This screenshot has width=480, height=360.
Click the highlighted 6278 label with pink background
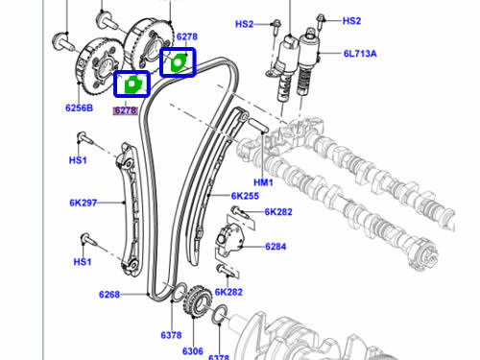[x=126, y=110]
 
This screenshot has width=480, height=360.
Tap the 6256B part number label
[x=79, y=108]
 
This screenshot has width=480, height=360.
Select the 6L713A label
[x=360, y=54]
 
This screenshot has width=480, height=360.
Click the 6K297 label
[x=83, y=203]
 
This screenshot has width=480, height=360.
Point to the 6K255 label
[x=245, y=196]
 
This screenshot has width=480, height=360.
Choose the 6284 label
[x=276, y=247]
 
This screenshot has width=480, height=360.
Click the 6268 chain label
[x=109, y=295]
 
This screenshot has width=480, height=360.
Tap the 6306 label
[x=193, y=351]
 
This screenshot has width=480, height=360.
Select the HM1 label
[x=263, y=182]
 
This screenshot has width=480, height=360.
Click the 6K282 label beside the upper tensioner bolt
[x=278, y=212]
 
